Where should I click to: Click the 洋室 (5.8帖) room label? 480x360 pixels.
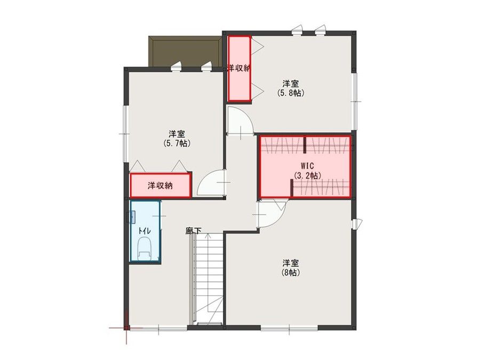tap(290, 88)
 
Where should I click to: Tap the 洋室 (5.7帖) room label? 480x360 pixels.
tap(177, 138)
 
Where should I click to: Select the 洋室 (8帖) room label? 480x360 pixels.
tap(290, 267)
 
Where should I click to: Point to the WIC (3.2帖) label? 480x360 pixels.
tap(306, 170)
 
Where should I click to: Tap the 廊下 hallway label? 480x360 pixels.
tap(193, 231)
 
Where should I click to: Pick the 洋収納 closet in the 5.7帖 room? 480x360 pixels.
tap(161, 186)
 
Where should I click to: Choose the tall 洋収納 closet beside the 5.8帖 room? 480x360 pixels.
tap(239, 68)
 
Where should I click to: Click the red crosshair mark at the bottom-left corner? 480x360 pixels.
tap(125, 327)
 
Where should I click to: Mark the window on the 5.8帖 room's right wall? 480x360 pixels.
tap(355, 87)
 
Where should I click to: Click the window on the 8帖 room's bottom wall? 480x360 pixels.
tap(289, 326)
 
